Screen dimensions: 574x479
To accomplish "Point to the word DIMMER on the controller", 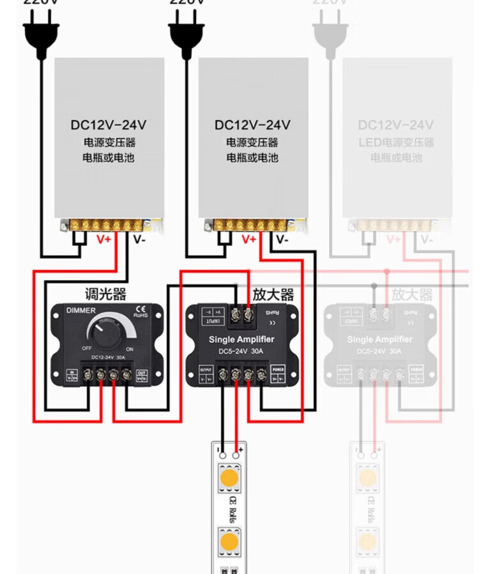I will pos(81,310).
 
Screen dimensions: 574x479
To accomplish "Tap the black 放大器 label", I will pos(273,294).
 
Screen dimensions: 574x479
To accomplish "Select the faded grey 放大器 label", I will pos(412,294).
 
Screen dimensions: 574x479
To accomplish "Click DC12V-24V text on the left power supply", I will pos(109,125).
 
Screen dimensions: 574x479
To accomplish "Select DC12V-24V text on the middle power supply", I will pos(253,125).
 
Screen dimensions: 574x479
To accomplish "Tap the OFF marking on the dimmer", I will pos(87,349).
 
